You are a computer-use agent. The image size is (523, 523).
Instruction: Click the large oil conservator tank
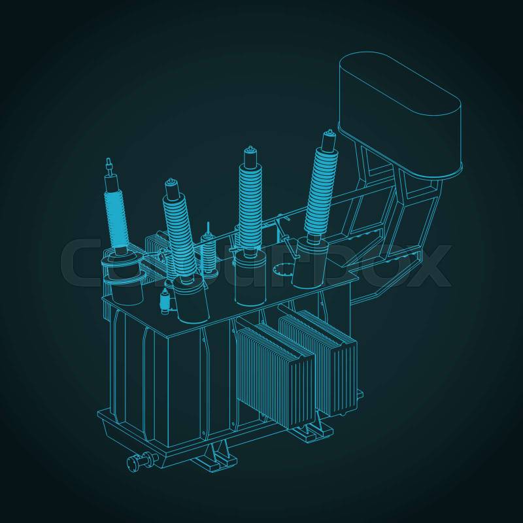point(400,113)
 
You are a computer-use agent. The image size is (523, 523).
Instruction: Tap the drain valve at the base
point(143,461)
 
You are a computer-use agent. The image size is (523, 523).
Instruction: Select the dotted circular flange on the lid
point(282,269)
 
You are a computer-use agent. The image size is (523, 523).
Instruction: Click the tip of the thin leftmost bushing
point(108,159)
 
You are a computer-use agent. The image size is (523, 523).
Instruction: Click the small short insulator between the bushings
point(208,250)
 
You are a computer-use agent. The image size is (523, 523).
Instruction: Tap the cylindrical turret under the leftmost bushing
point(124,277)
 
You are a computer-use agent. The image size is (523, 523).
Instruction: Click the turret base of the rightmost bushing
point(309,262)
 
